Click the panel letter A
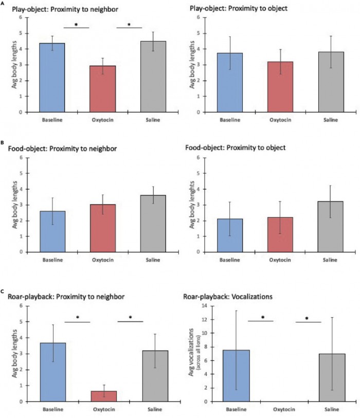[x=4, y=2]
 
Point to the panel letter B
[x=4, y=143]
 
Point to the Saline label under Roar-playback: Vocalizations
[x=331, y=410]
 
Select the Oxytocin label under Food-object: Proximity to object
[x=283, y=260]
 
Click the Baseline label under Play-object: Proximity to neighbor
[x=53, y=120]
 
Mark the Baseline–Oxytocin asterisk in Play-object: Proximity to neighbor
[x=77, y=24]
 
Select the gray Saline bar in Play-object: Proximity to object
[x=331, y=82]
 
